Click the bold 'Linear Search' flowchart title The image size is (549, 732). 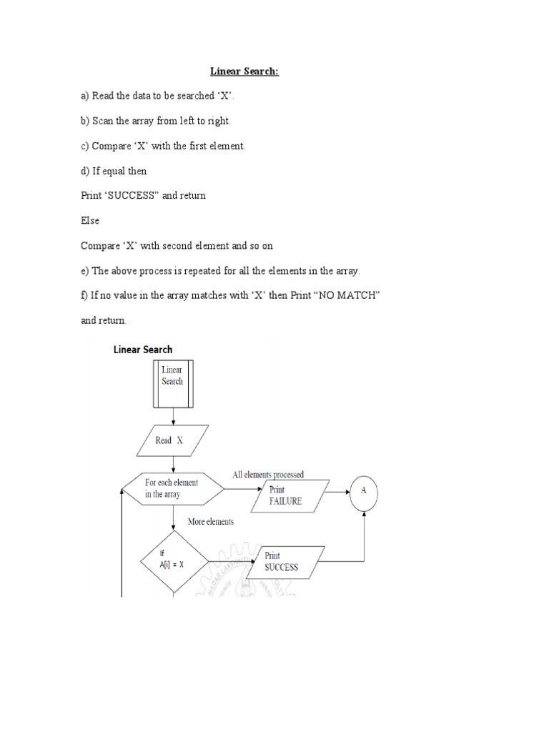tap(143, 350)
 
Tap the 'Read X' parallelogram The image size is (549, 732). tap(172, 441)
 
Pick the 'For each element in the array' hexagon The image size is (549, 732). tap(172, 489)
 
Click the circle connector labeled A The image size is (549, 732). tap(363, 491)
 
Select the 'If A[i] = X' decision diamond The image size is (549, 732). tap(172, 559)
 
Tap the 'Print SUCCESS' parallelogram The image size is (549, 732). tap(284, 563)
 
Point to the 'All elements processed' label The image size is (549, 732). tap(268, 475)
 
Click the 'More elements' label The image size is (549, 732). tap(210, 522)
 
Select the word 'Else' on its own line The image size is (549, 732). tap(89, 221)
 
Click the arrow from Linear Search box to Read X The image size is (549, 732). tap(172, 417)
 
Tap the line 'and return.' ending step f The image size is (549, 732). tap(104, 321)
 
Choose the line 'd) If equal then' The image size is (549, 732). tap(114, 172)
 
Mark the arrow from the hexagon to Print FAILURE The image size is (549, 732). tap(240, 490)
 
